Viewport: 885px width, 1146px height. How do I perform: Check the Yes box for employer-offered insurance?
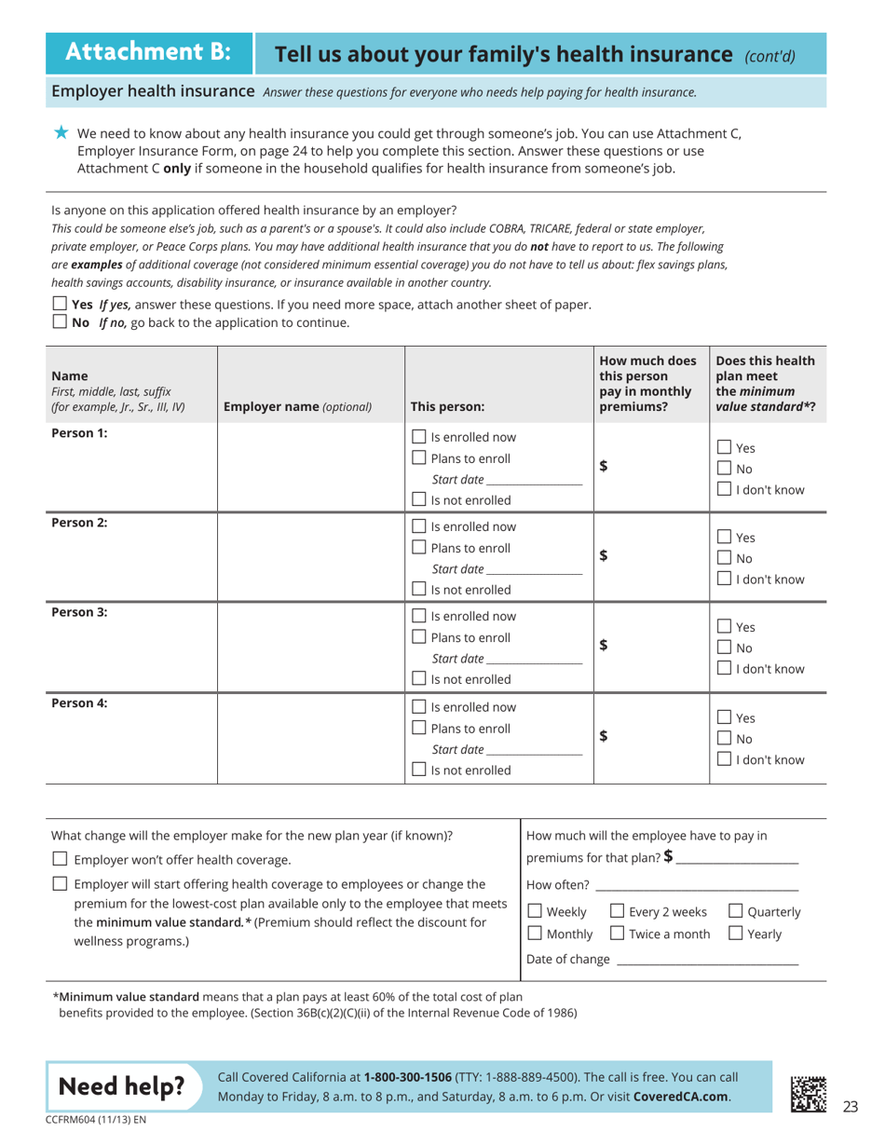pos(60,305)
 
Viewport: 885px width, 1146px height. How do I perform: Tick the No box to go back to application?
pos(60,322)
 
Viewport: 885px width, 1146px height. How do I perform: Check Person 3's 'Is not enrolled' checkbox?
pos(419,679)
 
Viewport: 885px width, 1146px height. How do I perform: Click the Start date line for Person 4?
pos(534,750)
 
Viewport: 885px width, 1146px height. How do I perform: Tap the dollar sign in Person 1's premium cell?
pos(604,468)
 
